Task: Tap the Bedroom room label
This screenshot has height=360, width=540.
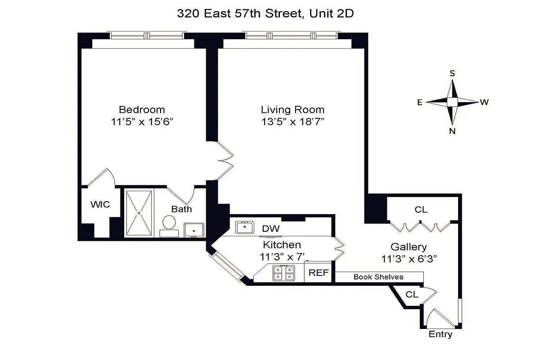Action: tap(142, 109)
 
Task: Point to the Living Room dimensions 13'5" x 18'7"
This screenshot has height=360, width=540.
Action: tap(292, 121)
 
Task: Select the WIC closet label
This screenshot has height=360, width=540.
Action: tap(100, 205)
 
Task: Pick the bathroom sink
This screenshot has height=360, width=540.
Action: tap(194, 229)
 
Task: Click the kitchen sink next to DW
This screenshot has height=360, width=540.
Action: tap(245, 227)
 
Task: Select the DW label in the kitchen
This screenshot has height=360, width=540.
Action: tap(271, 229)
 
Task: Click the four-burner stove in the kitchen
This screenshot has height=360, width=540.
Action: tap(284, 273)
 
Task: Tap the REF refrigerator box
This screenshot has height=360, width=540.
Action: tap(319, 273)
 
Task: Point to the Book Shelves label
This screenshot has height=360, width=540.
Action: tap(378, 277)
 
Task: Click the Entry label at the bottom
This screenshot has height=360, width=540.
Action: tap(440, 335)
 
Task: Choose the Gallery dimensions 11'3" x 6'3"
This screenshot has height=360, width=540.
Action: tap(409, 258)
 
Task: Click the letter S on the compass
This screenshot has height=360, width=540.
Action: tap(452, 73)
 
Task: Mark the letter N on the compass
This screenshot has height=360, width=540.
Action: tap(452, 131)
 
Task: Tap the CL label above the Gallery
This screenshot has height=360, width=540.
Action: tap(421, 210)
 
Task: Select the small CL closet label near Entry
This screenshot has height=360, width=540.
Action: tap(412, 295)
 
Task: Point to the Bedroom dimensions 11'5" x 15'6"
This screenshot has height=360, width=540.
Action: tap(142, 121)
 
